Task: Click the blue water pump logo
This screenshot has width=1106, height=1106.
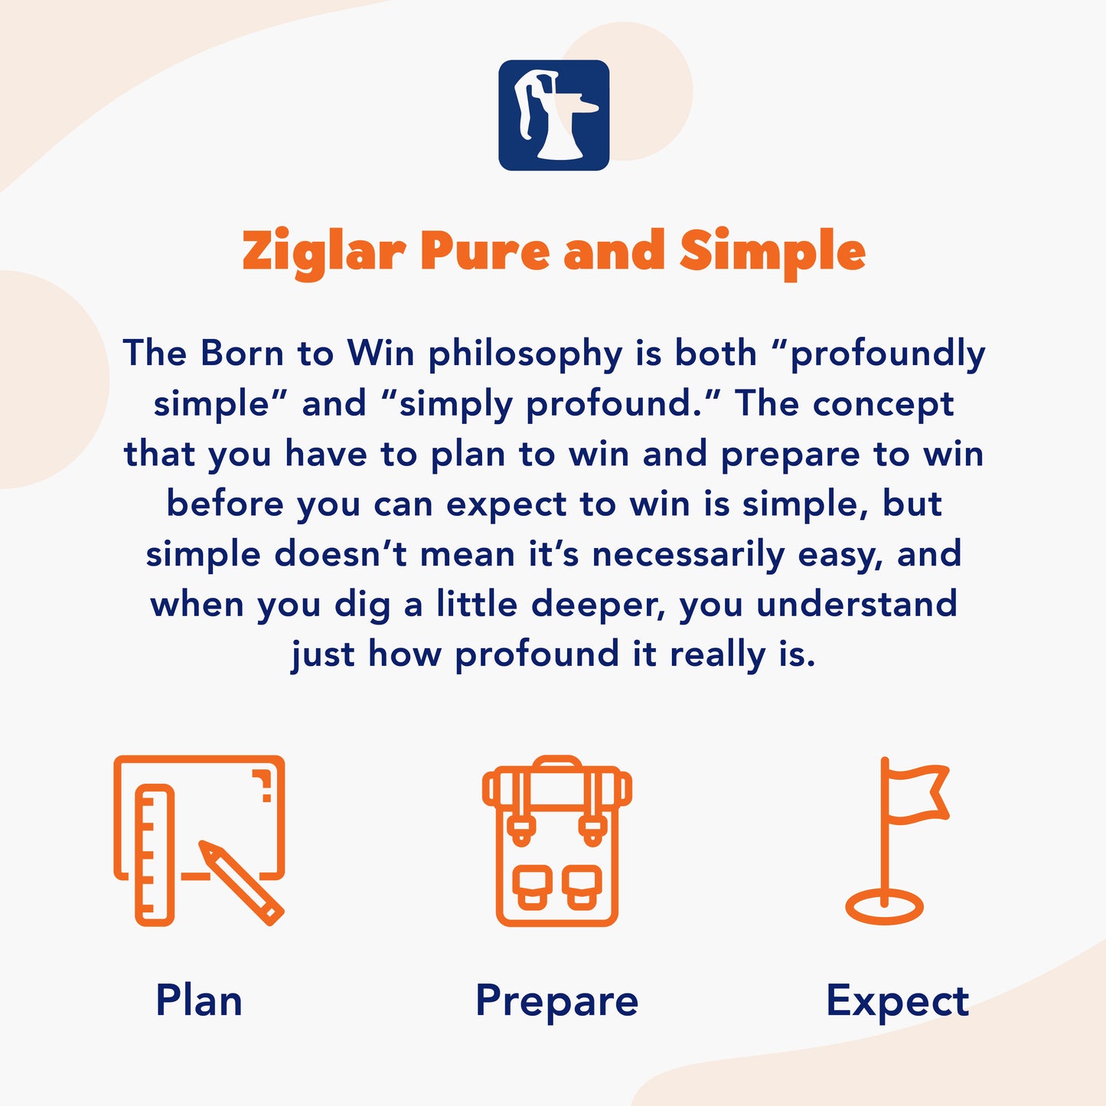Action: (x=553, y=115)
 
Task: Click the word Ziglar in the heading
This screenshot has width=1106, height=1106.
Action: (x=323, y=251)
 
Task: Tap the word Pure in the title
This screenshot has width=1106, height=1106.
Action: (x=484, y=251)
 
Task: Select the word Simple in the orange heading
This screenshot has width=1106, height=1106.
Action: (x=772, y=253)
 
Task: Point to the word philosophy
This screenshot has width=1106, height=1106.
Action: (x=526, y=355)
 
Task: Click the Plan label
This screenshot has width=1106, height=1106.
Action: (x=199, y=1000)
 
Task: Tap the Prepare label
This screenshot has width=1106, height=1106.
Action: (x=556, y=1001)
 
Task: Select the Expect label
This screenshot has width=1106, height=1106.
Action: (x=897, y=1000)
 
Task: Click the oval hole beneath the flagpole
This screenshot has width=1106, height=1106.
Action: (x=884, y=908)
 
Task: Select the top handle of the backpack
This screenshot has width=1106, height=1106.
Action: (x=557, y=762)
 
